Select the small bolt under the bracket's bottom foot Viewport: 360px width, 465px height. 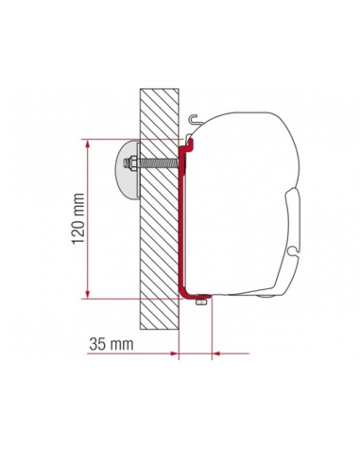pyautogui.click(x=199, y=302)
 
